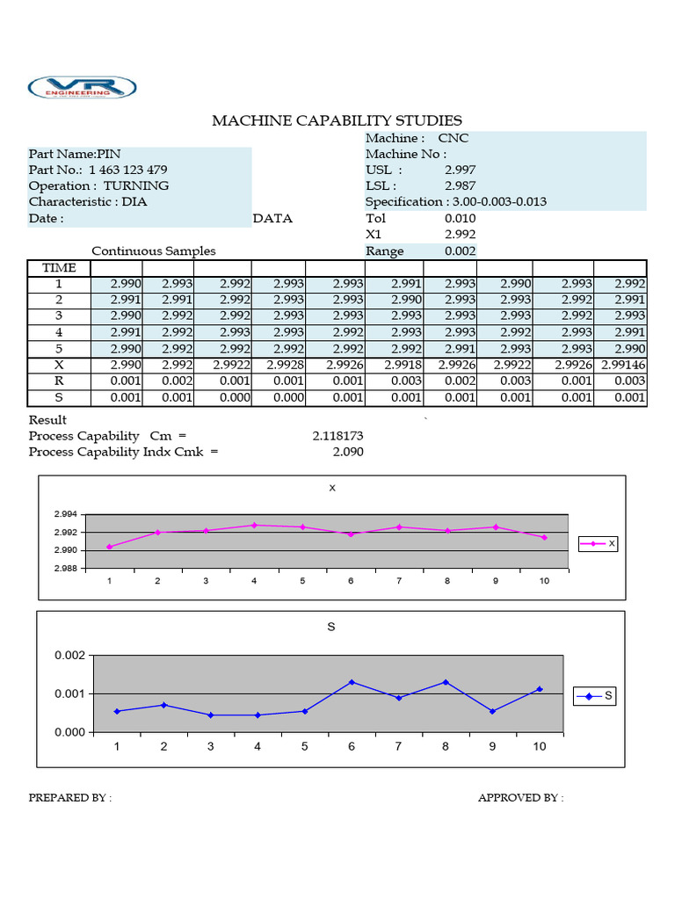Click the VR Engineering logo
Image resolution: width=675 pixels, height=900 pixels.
pyautogui.click(x=83, y=88)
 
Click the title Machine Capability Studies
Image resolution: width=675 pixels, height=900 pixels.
pyautogui.click(x=337, y=120)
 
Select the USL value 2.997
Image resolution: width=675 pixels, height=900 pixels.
pyautogui.click(x=461, y=170)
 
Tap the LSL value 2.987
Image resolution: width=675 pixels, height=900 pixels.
pyautogui.click(x=461, y=185)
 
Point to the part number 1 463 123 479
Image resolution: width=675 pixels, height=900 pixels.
pyautogui.click(x=128, y=170)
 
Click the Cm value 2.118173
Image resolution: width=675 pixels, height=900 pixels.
pyautogui.click(x=337, y=436)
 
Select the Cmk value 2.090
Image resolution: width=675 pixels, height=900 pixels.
pyautogui.click(x=347, y=452)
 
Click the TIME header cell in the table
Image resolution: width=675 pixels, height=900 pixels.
pyautogui.click(x=59, y=268)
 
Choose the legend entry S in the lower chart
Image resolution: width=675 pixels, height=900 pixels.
pyautogui.click(x=595, y=697)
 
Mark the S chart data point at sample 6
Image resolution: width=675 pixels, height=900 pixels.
pyautogui.click(x=352, y=682)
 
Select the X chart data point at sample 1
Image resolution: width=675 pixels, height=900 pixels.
pyautogui.click(x=110, y=547)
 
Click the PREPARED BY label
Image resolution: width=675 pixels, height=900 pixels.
pyautogui.click(x=69, y=798)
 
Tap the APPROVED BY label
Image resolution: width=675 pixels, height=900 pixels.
pyautogui.click(x=520, y=798)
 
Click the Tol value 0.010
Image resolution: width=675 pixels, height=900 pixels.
pyautogui.click(x=461, y=218)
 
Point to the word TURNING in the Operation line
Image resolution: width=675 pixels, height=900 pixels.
pyautogui.click(x=136, y=185)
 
